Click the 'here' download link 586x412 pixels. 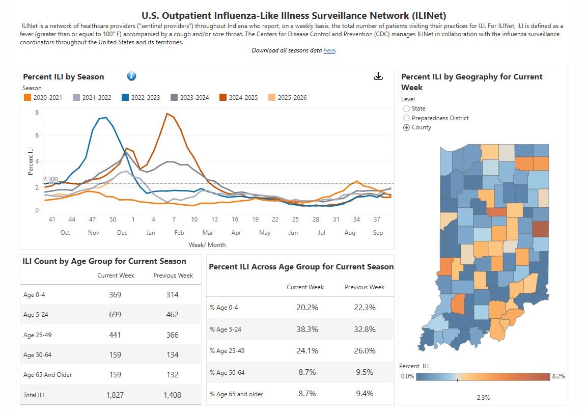(x=329, y=50)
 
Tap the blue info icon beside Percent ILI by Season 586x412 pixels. (x=132, y=76)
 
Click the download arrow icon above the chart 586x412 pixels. (x=378, y=76)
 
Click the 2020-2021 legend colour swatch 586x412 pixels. (x=27, y=97)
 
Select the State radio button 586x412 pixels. (x=406, y=108)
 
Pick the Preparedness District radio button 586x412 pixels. (x=406, y=118)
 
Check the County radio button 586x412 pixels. (x=406, y=127)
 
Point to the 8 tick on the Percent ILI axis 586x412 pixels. (x=37, y=112)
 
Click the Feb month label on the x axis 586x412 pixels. (x=179, y=233)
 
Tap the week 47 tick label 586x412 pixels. (x=92, y=219)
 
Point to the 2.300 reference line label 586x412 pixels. (x=50, y=179)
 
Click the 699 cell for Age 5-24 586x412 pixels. (x=115, y=315)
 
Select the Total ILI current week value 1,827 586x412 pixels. (x=115, y=395)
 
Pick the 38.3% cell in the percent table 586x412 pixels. (x=308, y=329)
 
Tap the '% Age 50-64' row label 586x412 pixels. (x=227, y=372)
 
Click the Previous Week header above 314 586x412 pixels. (x=173, y=276)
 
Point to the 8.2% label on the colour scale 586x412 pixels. (x=559, y=376)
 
